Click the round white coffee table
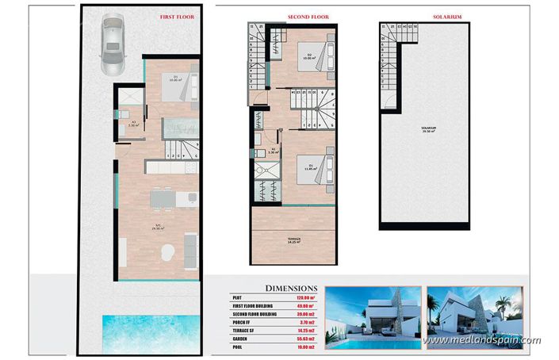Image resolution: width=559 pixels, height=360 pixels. pos(167,253)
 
